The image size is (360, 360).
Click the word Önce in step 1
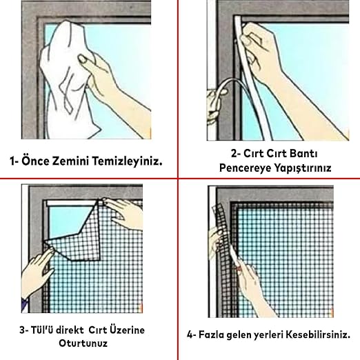click(x=35, y=161)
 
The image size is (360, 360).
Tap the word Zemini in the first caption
click(x=70, y=161)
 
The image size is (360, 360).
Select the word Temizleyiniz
click(x=128, y=161)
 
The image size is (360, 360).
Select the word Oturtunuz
click(x=83, y=343)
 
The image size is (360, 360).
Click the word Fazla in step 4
click(x=211, y=334)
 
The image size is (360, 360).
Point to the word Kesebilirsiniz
click(x=318, y=334)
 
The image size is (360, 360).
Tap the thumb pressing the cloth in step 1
click(x=87, y=61)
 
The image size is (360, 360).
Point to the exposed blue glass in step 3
click(x=68, y=221)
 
